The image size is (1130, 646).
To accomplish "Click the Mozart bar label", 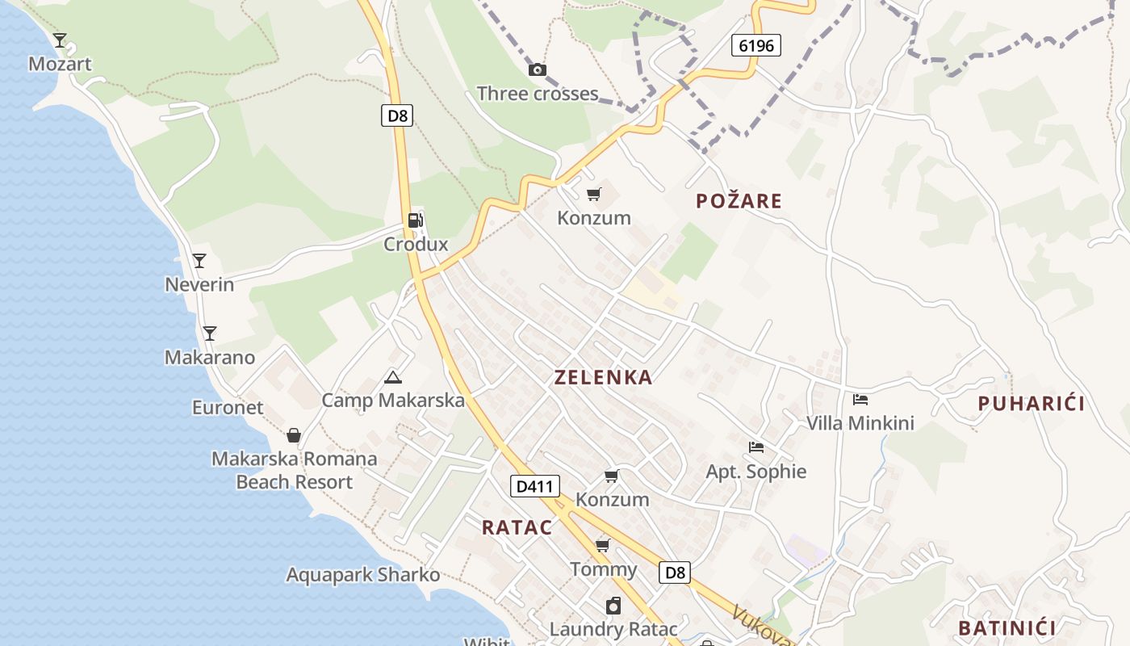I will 60,64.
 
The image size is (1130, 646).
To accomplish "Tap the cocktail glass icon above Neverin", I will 199,261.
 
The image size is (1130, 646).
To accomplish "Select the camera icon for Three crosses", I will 537,70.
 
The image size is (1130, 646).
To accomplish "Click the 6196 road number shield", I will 756,45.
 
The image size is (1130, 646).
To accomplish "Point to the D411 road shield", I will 534,486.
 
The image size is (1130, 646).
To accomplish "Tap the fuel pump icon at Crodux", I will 415,220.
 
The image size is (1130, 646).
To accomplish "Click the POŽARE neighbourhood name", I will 739,201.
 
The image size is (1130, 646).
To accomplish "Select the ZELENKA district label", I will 603,377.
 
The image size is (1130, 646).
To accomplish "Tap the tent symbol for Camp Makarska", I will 393,377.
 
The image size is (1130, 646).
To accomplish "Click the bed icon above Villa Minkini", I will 860,399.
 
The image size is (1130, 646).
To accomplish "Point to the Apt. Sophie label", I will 756,472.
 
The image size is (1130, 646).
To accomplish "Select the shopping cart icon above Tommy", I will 603,545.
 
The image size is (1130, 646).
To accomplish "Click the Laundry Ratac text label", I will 613,629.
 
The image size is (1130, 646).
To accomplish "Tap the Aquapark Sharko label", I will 363,575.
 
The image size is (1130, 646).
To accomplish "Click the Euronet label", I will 228,408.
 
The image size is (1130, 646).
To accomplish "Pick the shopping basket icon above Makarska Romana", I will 294,436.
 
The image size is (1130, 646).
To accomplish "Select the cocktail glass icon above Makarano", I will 209,333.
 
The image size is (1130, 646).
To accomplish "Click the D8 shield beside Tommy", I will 676,573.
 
